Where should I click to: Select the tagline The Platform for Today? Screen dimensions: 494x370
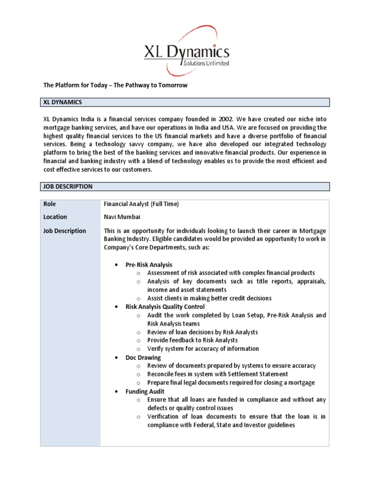point(115,85)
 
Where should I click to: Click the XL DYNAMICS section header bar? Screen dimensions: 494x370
point(185,102)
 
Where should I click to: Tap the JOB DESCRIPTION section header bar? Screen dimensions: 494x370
point(185,187)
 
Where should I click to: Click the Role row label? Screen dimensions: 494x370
point(50,204)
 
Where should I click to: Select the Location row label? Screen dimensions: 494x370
point(55,217)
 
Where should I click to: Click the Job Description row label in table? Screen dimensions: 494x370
point(65,231)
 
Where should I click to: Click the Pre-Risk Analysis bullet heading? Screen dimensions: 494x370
point(148,265)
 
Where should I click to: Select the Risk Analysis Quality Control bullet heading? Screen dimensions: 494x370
point(165,307)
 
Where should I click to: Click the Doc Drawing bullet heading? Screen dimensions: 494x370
point(143,357)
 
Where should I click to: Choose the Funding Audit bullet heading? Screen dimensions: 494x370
point(145,391)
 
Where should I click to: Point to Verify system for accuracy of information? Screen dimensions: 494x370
point(203,349)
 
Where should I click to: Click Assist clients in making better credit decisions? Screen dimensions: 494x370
point(209,298)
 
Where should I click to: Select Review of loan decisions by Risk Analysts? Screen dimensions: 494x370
point(202,332)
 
